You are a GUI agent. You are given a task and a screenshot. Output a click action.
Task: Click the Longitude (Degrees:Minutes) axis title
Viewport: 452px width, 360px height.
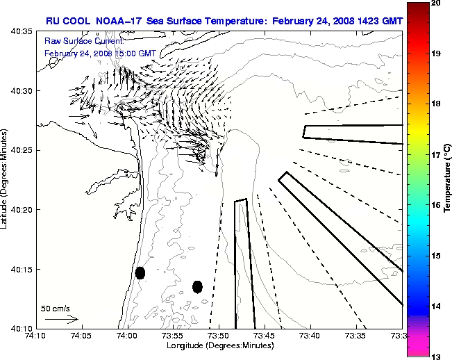pyautogui.click(x=217, y=346)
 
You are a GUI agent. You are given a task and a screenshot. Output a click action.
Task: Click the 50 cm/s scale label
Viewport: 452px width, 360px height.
pyautogui.click(x=55, y=308)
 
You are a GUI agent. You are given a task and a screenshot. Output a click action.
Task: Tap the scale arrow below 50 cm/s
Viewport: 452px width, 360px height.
pyautogui.click(x=62, y=319)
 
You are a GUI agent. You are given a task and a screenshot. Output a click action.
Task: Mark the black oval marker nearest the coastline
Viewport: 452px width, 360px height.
pyautogui.click(x=140, y=272)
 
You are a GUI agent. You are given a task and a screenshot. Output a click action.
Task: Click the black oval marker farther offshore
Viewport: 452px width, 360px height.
pyautogui.click(x=197, y=286)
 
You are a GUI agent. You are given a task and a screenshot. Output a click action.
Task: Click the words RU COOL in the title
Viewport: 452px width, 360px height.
pyautogui.click(x=67, y=21)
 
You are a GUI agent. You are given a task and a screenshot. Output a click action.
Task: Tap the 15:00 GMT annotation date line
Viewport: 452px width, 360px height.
pyautogui.click(x=100, y=53)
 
